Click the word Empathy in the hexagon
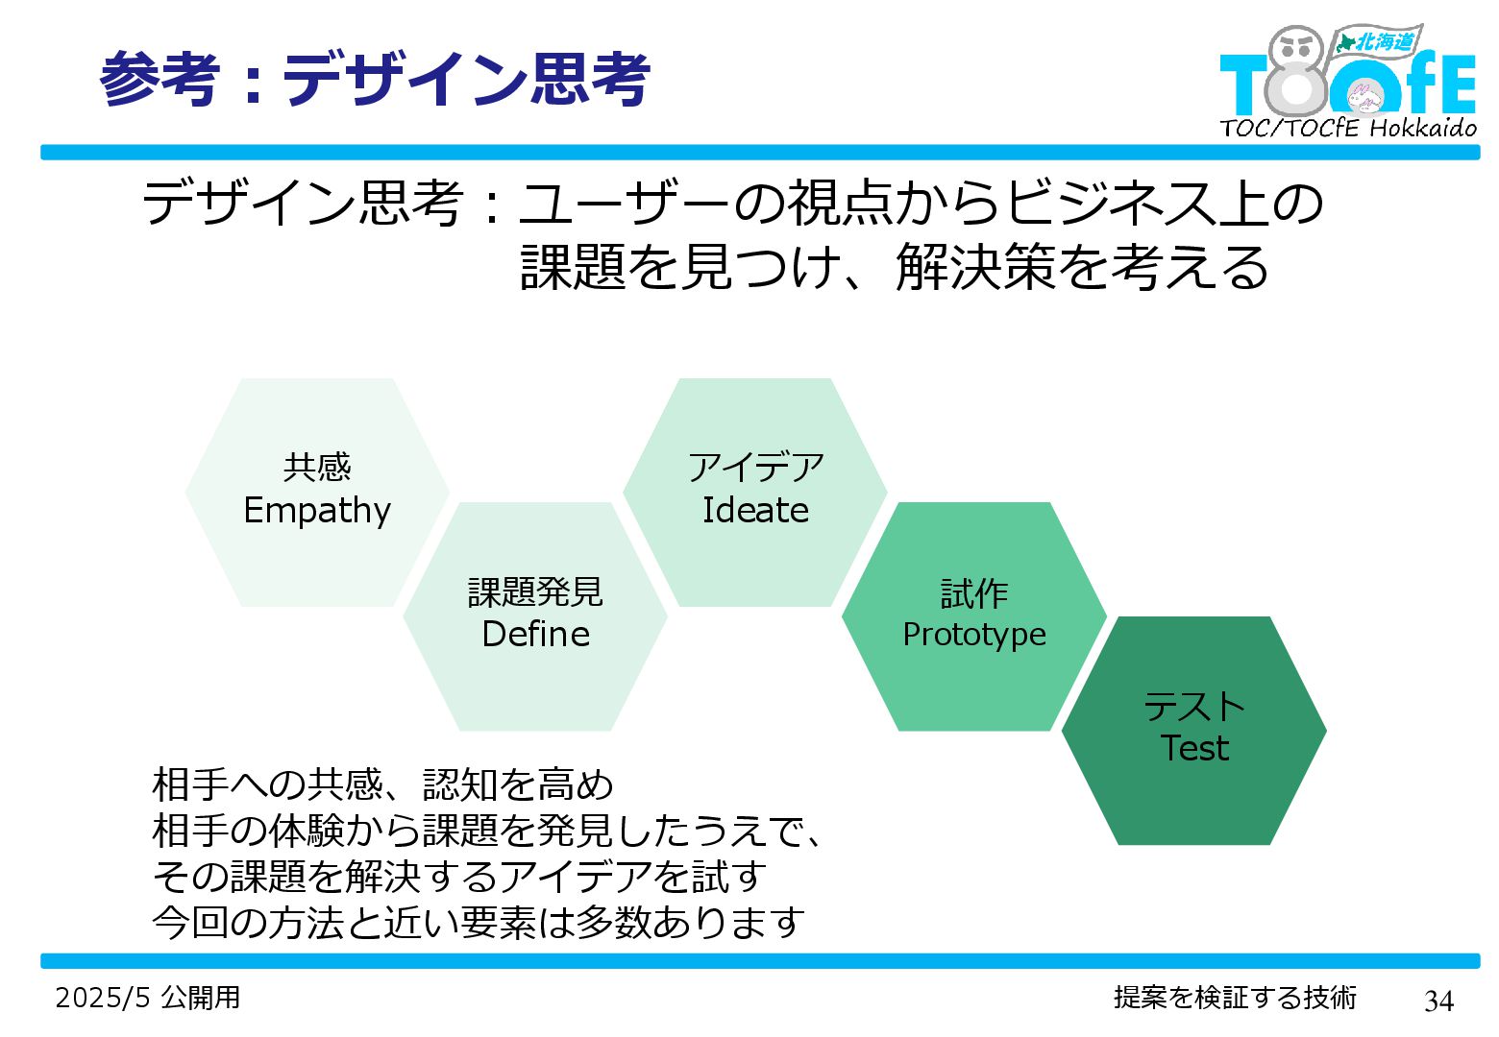click(x=317, y=511)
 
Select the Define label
click(x=535, y=634)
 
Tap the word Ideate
click(x=755, y=510)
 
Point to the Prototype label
click(x=973, y=635)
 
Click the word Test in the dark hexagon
click(x=1194, y=748)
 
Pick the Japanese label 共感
click(x=317, y=468)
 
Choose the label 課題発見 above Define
click(x=535, y=592)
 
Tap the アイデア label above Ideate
click(x=756, y=468)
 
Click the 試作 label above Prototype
click(x=973, y=593)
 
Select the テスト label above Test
click(x=1194, y=708)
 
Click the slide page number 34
click(x=1438, y=1001)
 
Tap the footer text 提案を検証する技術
click(x=1235, y=998)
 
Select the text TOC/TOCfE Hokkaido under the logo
click(x=1347, y=128)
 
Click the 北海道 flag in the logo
click(x=1380, y=41)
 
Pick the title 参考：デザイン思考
click(x=375, y=79)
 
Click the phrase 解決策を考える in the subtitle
click(x=1082, y=267)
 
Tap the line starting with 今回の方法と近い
click(x=479, y=923)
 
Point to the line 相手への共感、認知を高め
click(x=382, y=784)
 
